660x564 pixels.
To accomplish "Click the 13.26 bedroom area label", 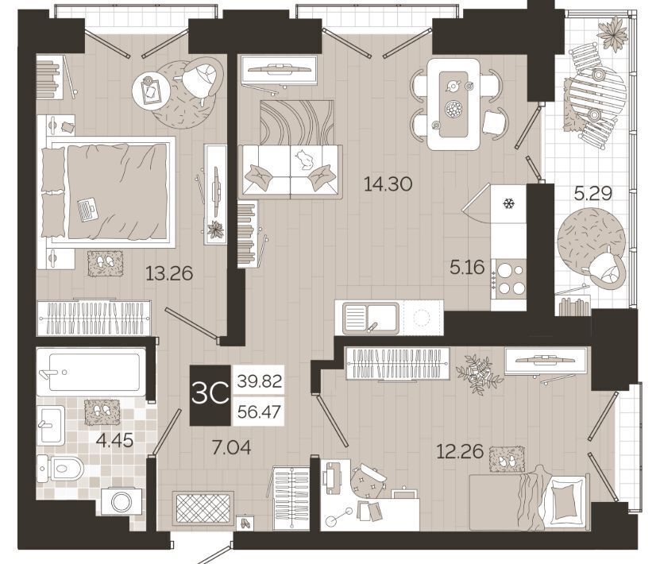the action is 169,273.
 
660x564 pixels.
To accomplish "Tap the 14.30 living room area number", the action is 388,184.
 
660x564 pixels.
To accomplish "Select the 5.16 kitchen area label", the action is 467,267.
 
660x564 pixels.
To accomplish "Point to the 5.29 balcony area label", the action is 593,193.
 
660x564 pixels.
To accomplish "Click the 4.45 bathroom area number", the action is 114,441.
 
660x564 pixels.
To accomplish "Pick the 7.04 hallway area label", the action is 231,448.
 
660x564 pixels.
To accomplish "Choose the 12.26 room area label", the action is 460,452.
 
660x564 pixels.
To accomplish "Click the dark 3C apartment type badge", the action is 210,395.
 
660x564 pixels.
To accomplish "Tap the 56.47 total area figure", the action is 259,411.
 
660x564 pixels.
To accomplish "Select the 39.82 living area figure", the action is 259,381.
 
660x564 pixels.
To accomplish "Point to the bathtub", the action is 91,372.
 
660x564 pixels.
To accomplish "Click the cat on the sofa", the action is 304,160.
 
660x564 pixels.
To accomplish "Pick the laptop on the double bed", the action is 87,209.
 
